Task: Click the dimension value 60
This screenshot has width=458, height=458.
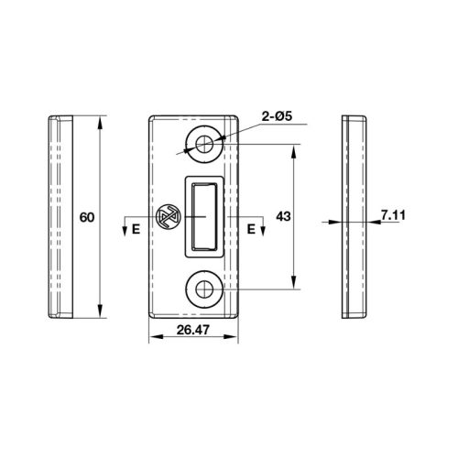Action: click(x=87, y=218)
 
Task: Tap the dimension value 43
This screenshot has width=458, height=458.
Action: click(x=282, y=218)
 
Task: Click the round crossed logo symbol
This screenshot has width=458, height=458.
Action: click(x=168, y=215)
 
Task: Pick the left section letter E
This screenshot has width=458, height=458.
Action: click(x=136, y=229)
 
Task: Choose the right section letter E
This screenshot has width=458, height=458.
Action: click(x=251, y=229)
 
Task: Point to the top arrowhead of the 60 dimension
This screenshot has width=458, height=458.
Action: click(x=99, y=119)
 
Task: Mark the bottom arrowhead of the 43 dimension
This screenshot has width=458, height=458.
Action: click(x=294, y=285)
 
